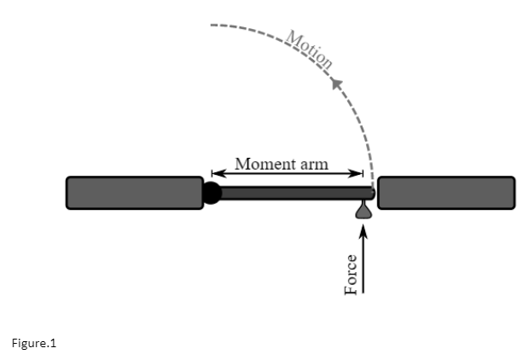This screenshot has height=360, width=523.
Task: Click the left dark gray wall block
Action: pyautogui.click(x=135, y=193)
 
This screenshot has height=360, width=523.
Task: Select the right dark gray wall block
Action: pyautogui.click(x=446, y=193)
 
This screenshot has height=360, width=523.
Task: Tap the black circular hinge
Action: pyautogui.click(x=211, y=193)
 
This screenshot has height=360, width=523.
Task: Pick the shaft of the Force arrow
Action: pyautogui.click(x=363, y=264)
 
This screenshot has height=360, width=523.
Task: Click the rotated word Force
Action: pyautogui.click(x=350, y=275)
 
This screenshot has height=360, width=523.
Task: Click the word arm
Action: pyautogui.click(x=312, y=164)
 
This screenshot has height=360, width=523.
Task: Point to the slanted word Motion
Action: pyautogui.click(x=309, y=50)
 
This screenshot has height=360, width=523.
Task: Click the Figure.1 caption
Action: pyautogui.click(x=32, y=343)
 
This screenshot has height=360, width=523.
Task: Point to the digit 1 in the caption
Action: pyautogui.click(x=50, y=343)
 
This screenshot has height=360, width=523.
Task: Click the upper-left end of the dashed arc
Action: pyautogui.click(x=212, y=26)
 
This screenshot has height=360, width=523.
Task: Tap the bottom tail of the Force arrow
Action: pyautogui.click(x=363, y=293)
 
